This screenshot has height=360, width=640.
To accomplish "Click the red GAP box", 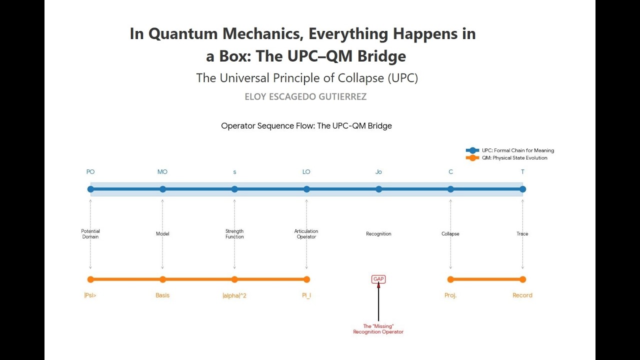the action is point(378,279).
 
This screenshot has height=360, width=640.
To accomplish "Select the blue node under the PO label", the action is point(90,189).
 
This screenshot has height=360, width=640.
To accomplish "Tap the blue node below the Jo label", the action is point(378,189).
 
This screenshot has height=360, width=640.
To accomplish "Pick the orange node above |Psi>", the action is point(90,279).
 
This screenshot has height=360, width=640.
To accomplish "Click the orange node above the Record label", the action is point(522,279).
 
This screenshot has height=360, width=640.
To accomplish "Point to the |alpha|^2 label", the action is point(234,295).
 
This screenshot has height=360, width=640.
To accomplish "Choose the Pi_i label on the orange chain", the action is point(306,295).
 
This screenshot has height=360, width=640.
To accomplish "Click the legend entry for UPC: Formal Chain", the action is point(509,150).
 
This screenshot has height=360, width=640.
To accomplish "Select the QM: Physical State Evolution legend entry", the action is point(506,157).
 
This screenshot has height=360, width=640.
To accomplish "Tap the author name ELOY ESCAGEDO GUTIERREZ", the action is point(305,97).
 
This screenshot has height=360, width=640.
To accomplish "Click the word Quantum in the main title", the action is point(183,33).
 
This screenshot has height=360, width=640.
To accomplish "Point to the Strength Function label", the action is point(234,233).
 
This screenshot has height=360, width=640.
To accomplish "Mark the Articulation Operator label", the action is point(306,233).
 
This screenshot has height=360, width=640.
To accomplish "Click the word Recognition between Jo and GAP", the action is point(378,233).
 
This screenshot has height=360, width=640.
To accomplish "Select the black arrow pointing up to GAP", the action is point(378,301).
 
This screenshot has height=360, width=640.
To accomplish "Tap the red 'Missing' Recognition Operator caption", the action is point(378,329).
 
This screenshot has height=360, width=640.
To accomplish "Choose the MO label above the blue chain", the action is point(162,171).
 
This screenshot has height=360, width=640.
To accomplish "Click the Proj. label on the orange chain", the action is point(450,295).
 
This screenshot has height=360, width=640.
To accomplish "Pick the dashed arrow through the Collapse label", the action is point(450,234).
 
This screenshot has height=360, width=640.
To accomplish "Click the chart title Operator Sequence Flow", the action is point(306,125).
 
